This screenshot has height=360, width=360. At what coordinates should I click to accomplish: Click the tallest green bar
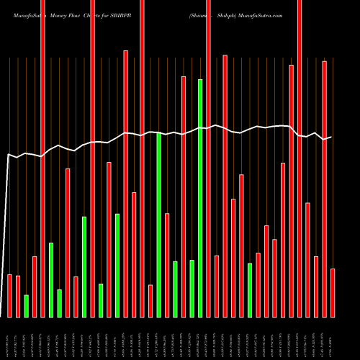pos(200,198)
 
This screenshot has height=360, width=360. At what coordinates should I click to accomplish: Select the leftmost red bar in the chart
pos(10,295)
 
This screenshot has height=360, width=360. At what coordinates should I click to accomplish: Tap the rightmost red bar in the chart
pos(333,292)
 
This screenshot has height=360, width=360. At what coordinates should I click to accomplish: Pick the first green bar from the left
pos(27,306)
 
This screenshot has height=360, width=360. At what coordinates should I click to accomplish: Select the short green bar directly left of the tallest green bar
pos(192,288)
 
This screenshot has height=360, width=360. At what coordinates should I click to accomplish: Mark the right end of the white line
pos(331,137)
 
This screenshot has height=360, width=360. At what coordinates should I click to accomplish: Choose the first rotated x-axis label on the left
pos(9,338)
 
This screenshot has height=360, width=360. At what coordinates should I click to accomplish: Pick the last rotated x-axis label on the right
pos(331,338)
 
